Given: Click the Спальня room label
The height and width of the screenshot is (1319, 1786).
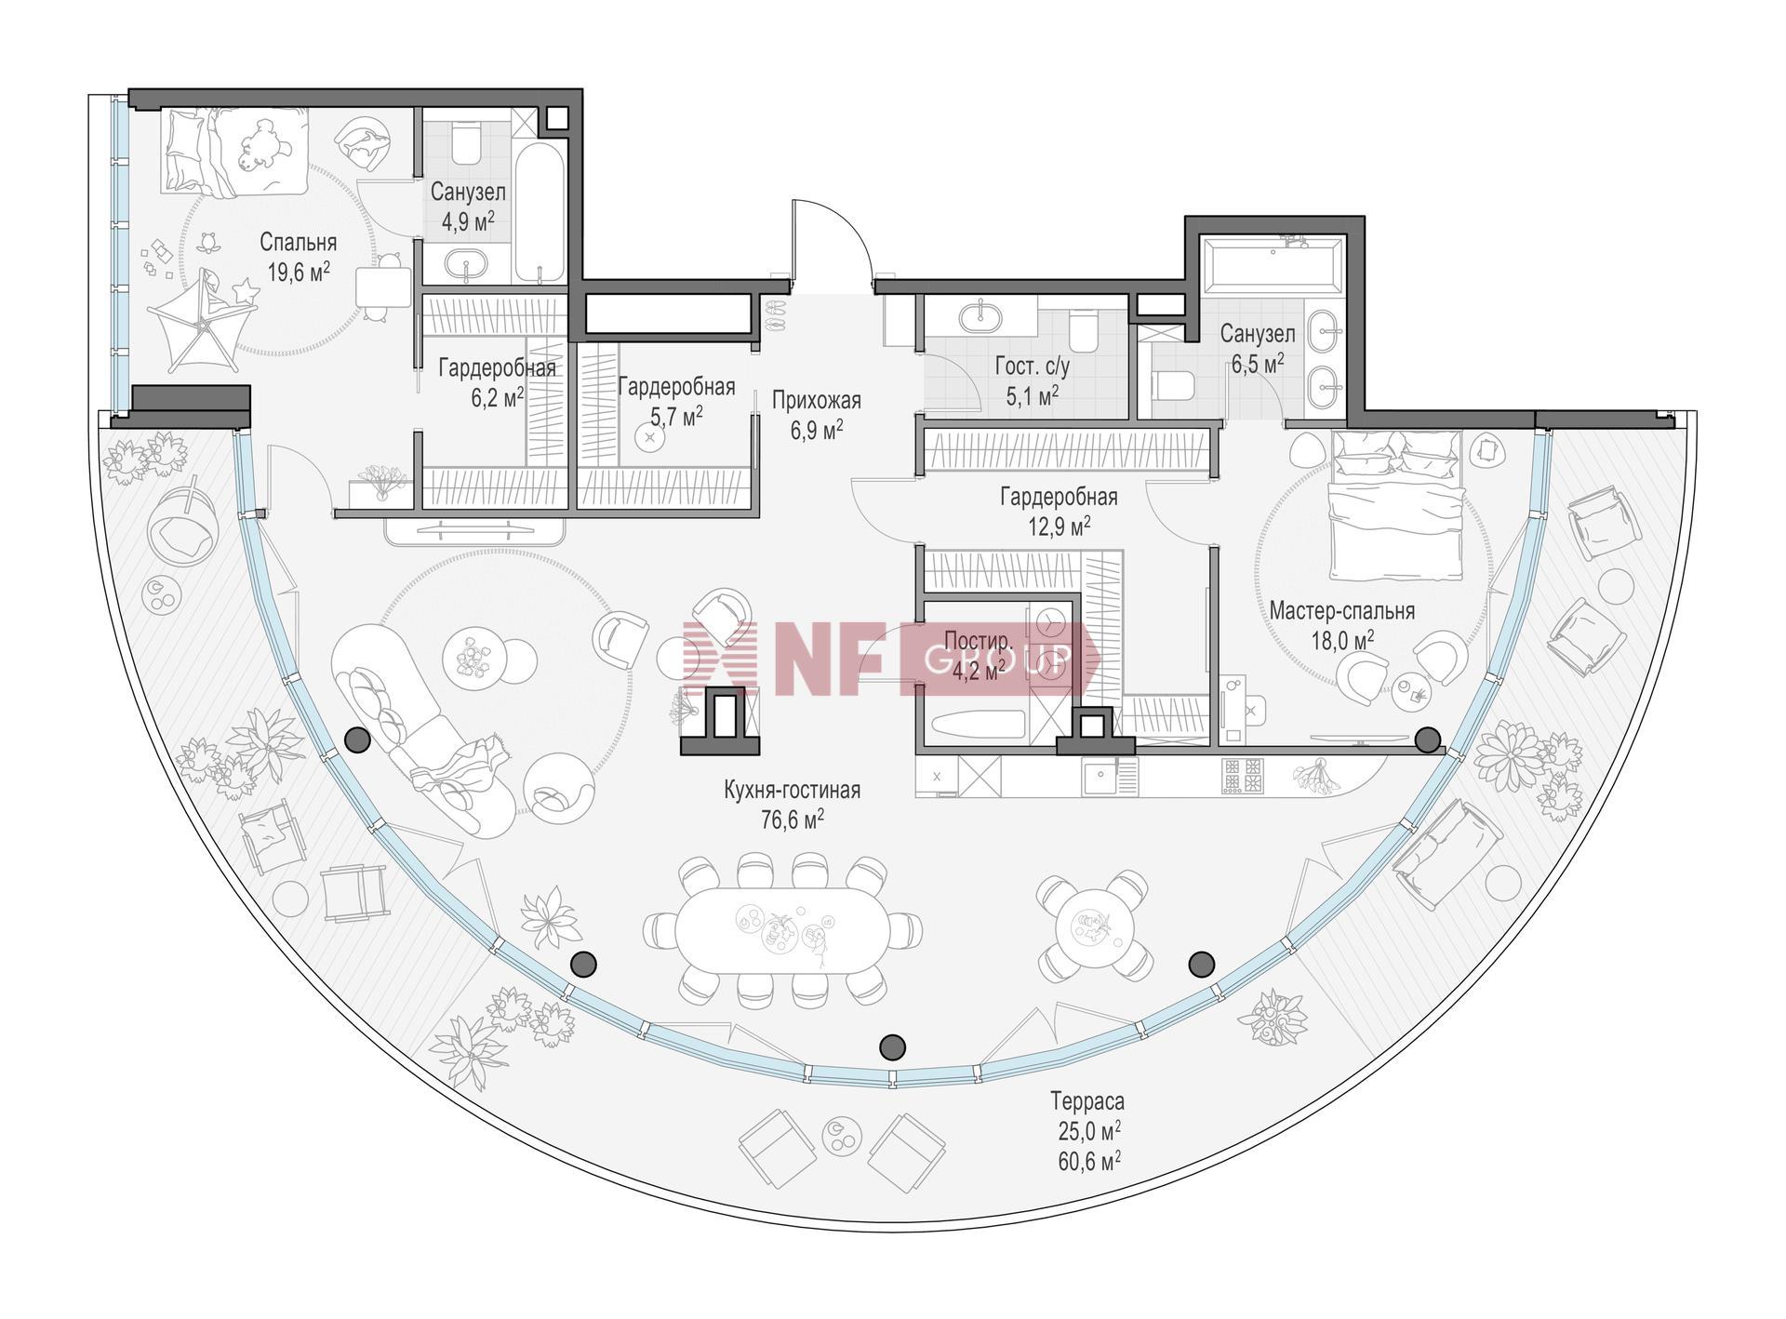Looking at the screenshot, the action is coord(298,243).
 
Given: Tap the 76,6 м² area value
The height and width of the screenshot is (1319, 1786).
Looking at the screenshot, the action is coord(792,819).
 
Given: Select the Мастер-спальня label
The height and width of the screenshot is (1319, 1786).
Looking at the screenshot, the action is coord(1342,611).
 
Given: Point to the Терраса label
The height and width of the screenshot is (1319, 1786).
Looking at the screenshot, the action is coord(1087,1102).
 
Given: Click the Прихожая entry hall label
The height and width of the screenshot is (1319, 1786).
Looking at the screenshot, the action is coord(817,400).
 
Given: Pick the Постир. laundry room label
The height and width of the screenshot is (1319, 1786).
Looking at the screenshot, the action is coord(977,642).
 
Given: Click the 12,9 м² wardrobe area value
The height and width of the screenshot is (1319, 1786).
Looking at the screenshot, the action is coord(1059,526).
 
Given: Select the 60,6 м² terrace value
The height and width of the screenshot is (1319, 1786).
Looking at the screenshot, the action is coord(1087,1159).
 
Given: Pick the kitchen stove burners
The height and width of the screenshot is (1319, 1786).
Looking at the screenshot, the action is coord(1245,777).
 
